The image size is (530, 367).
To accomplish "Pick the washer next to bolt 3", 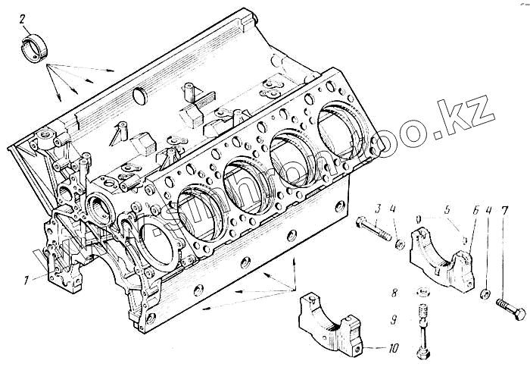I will (x=398, y=244).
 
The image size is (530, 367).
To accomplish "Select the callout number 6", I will (x=475, y=209).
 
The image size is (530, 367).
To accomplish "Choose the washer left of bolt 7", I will (x=483, y=293).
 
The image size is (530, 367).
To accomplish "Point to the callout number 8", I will (x=394, y=290).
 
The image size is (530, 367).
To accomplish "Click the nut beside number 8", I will (x=419, y=291).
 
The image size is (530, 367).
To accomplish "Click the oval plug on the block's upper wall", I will (x=139, y=96).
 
